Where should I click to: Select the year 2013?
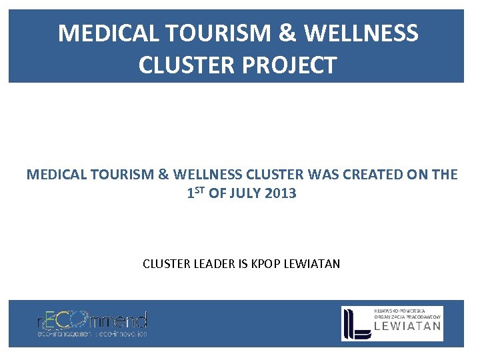[x=281, y=194]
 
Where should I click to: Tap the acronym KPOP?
[x=265, y=264]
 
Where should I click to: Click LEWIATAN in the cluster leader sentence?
[x=311, y=264]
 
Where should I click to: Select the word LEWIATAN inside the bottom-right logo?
[x=407, y=326]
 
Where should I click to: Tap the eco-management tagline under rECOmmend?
[x=92, y=333]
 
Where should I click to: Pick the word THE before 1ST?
[x=444, y=175]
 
